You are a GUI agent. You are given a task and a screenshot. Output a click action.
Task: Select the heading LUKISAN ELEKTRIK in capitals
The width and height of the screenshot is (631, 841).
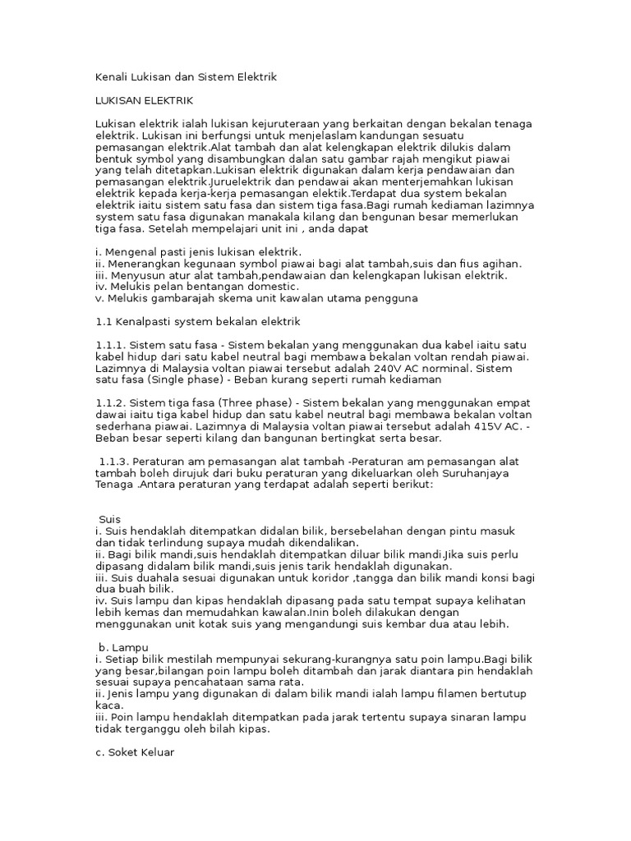tap(144, 100)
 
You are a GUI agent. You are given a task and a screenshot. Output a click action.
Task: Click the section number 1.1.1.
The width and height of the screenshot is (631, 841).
tap(112, 346)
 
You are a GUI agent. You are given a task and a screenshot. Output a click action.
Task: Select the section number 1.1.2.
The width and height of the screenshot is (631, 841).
tap(112, 402)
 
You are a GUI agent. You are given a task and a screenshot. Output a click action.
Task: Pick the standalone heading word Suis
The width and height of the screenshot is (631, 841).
tap(109, 520)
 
